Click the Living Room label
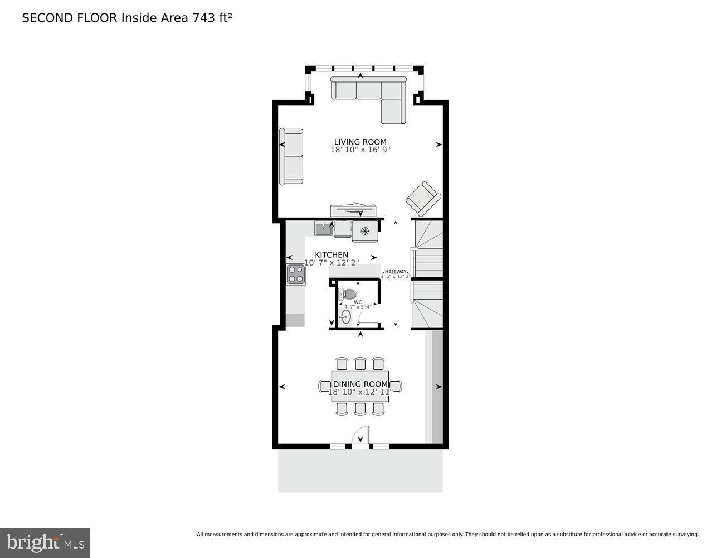360,142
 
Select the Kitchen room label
332,255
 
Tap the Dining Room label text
360,384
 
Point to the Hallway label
396,272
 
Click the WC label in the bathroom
358,302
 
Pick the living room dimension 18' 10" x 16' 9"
360,150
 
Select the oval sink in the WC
346,318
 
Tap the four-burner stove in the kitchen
296,275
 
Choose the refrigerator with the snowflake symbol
365,231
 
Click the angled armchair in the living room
423,199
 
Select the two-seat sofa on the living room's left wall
291,156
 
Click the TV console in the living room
357,210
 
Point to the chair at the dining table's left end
324,386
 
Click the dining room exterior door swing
361,437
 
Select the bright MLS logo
45,543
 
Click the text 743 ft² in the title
212,18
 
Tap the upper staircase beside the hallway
428,249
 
